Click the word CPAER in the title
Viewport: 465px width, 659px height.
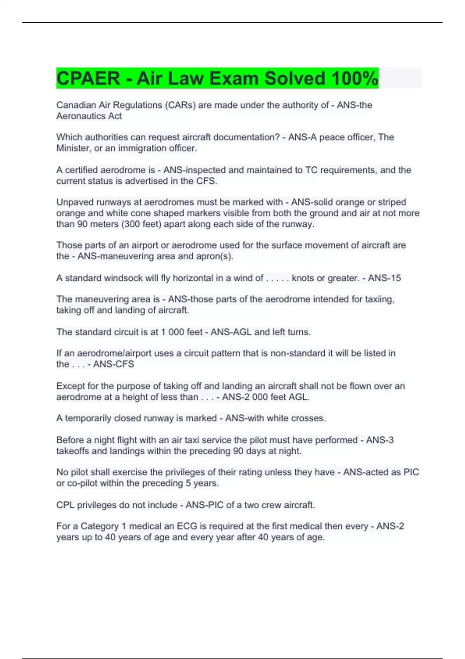point(88,78)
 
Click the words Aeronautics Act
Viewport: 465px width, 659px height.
point(89,116)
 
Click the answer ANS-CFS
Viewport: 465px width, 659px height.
point(114,364)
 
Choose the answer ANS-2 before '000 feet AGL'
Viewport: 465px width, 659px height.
point(236,397)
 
